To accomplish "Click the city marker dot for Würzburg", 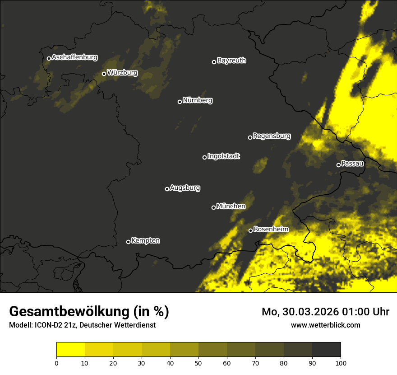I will coord(104,74).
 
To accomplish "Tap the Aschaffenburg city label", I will coord(74,57).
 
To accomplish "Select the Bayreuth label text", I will coord(231,61).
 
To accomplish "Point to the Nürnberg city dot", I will coord(180,102).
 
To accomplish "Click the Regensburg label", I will coord(272,136).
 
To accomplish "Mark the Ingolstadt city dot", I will coord(204,157).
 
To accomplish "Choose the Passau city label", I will coord(352,164).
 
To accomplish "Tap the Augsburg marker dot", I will coord(167,189).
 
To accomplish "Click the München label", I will coord(231,206).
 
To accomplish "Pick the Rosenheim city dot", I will coord(250,231).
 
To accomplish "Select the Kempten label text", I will coord(145,241).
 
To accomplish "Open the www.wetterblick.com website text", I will coord(325,325).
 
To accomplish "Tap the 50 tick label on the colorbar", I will coord(198,363).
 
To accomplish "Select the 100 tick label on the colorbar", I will coord(341,363).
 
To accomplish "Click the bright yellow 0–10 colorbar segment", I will coord(71,350).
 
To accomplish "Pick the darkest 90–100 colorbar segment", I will coord(326,350).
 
